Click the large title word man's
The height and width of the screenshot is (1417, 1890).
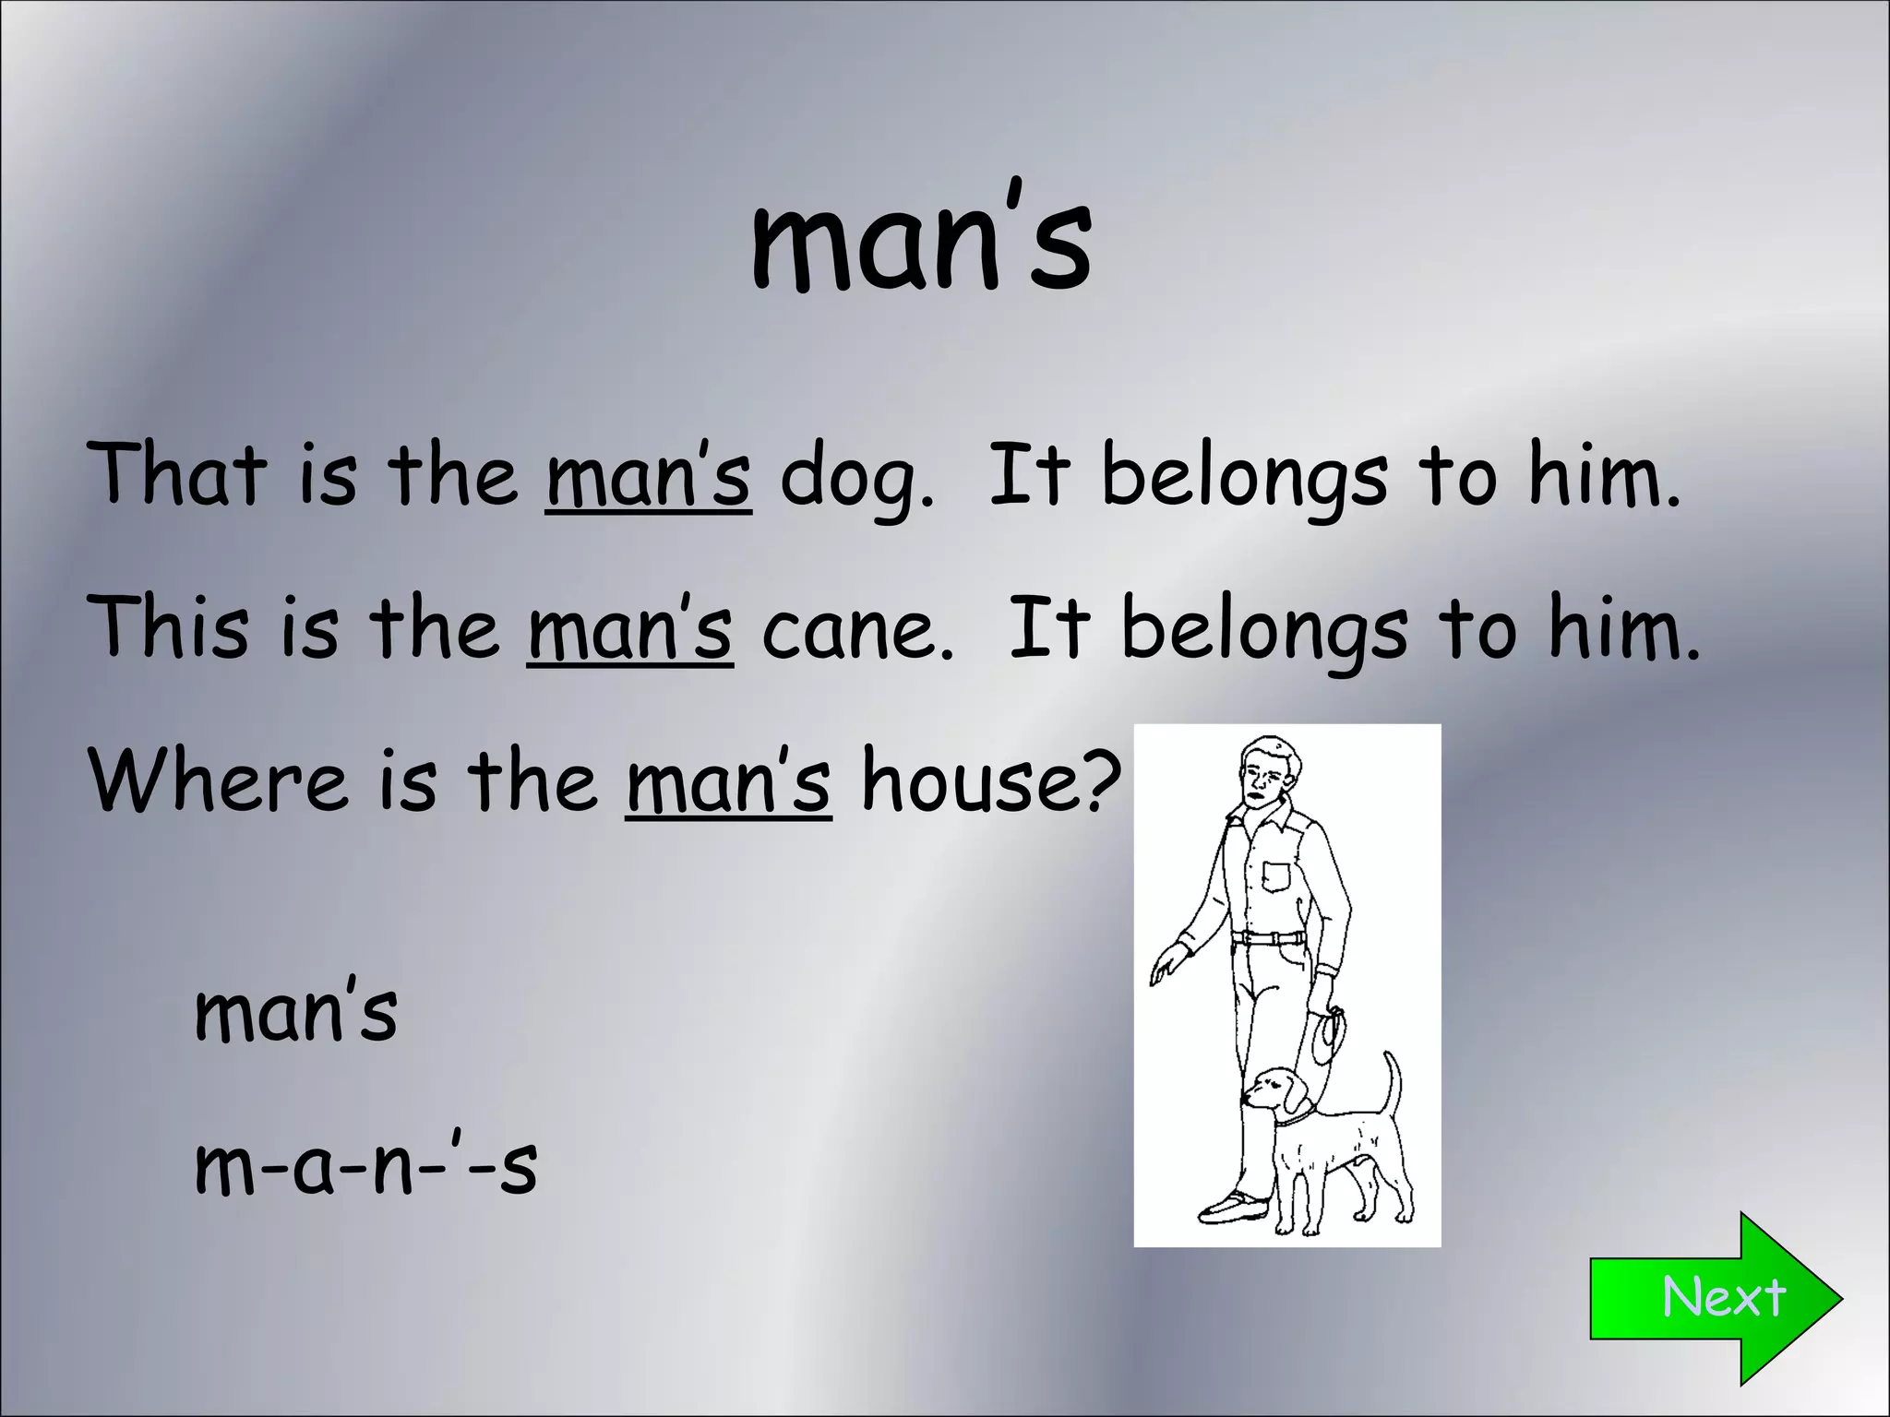point(921,242)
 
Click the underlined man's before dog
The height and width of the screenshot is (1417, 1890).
point(648,477)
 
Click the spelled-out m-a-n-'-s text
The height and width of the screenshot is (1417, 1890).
point(365,1165)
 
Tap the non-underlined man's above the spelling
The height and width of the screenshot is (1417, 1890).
point(295,1012)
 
